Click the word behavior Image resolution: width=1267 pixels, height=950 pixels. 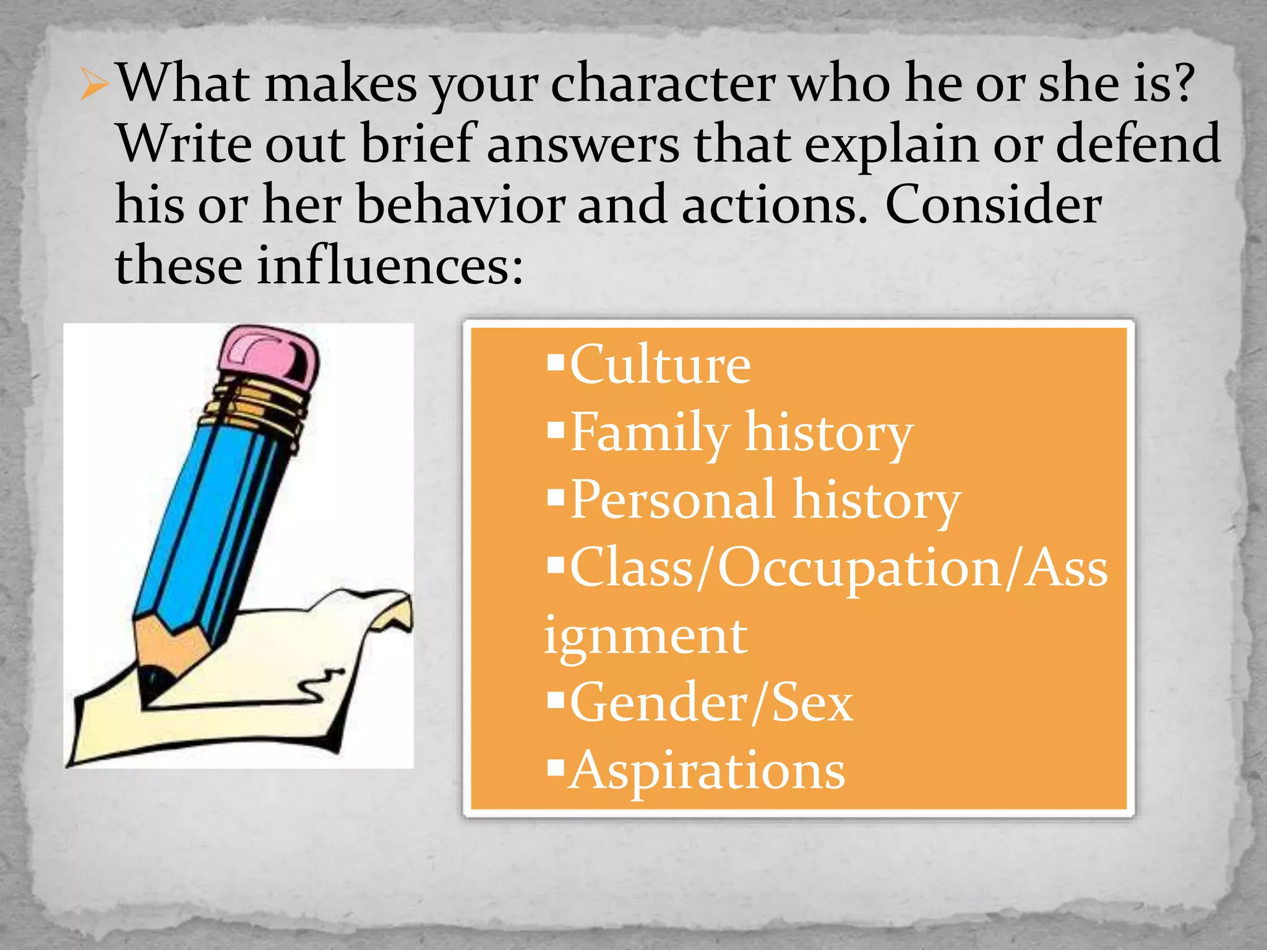[x=460, y=205]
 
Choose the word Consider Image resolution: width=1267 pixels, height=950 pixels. [x=993, y=205]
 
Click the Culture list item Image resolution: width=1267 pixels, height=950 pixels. [x=659, y=365]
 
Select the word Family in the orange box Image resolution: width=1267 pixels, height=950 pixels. [x=650, y=433]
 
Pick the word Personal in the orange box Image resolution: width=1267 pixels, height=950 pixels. [x=672, y=500]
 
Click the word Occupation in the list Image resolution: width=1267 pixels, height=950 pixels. [x=861, y=568]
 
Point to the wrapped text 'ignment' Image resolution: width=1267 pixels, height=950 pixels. [x=645, y=636]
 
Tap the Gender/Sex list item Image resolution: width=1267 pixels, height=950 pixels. [x=711, y=703]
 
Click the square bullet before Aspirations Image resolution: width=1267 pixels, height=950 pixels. [x=556, y=768]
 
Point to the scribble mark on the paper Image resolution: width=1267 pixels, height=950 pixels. [x=318, y=687]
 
